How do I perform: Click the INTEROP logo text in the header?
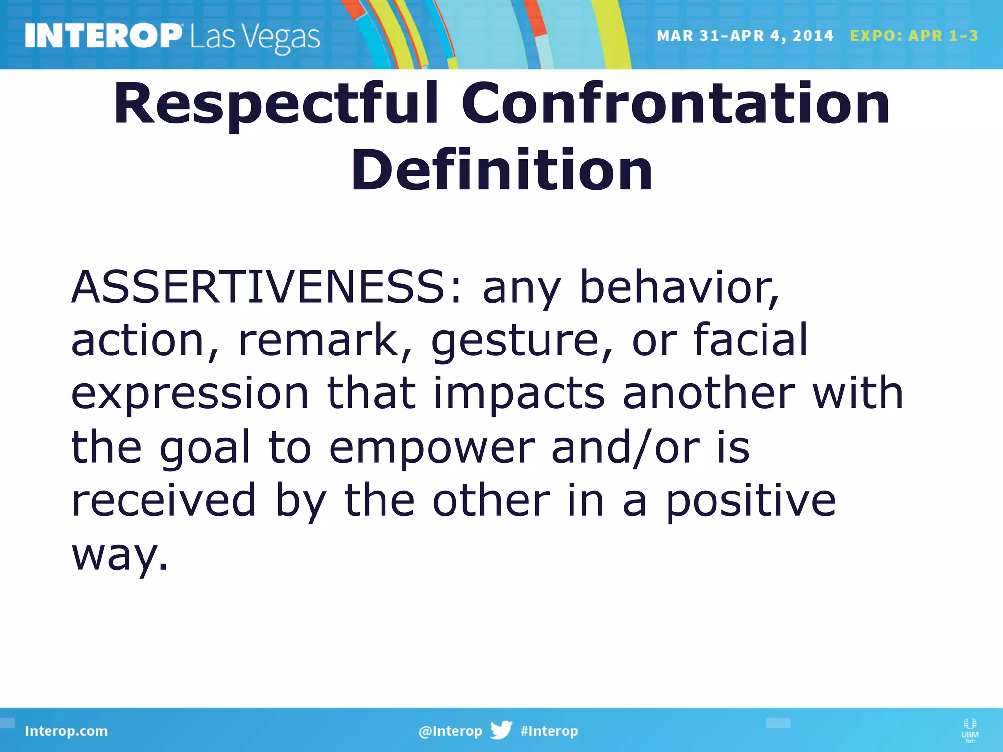103,36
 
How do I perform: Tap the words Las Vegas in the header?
255,38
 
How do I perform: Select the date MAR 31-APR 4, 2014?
744,36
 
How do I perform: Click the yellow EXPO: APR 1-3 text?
914,36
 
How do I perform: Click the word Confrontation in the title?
675,103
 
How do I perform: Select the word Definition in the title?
501,170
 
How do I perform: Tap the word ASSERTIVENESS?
264,287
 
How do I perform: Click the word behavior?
679,287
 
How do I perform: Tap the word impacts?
519,395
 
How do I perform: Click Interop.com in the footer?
66,731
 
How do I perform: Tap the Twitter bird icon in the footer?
501,730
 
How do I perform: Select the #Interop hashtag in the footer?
549,731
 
